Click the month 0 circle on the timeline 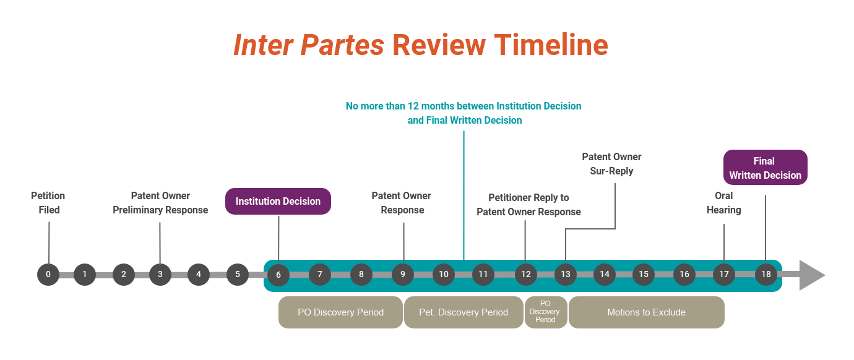pyautogui.click(x=48, y=275)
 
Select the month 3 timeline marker pyautogui.click(x=160, y=275)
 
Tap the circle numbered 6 pyautogui.click(x=278, y=275)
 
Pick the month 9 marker pyautogui.click(x=403, y=275)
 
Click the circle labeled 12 pyautogui.click(x=525, y=275)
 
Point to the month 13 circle pyautogui.click(x=566, y=275)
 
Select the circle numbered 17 pyautogui.click(x=724, y=275)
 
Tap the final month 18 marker pyautogui.click(x=766, y=275)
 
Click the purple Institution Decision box pyautogui.click(x=278, y=202)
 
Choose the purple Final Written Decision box pyautogui.click(x=765, y=168)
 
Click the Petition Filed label pyautogui.click(x=48, y=203)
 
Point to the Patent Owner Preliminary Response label pyautogui.click(x=160, y=203)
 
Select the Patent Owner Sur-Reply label pyautogui.click(x=611, y=164)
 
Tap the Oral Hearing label pyautogui.click(x=723, y=203)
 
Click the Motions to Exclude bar pyautogui.click(x=646, y=312)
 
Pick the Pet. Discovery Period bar pyautogui.click(x=464, y=312)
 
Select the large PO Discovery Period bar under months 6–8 pyautogui.click(x=340, y=312)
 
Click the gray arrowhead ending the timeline pyautogui.click(x=811, y=275)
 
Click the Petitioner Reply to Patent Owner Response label pyautogui.click(x=528, y=205)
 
